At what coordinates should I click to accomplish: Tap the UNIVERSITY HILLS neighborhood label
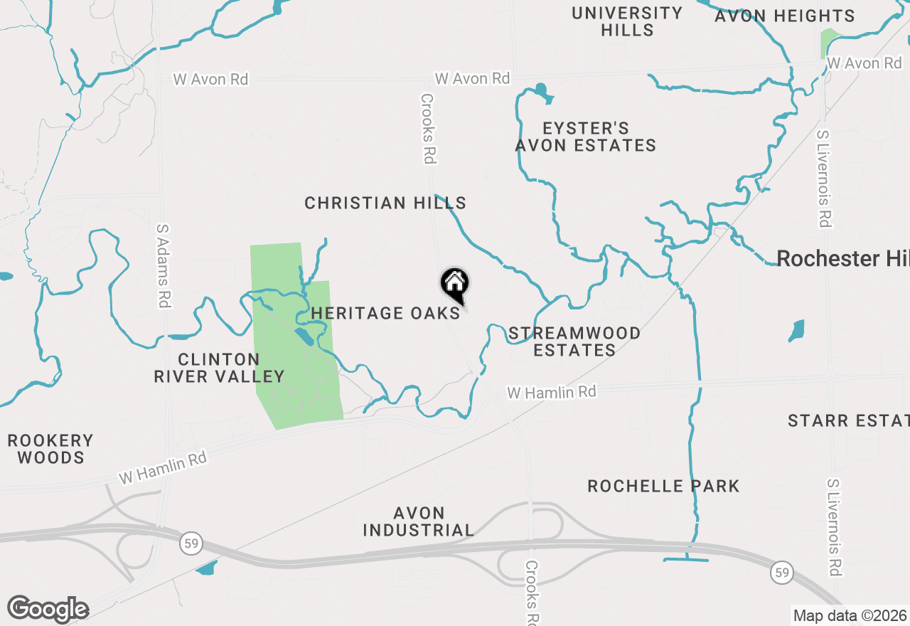[x=627, y=21]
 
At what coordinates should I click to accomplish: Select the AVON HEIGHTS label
[x=784, y=16]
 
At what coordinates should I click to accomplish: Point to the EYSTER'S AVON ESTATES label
[x=585, y=137]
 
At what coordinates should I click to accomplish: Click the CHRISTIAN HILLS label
[x=385, y=203]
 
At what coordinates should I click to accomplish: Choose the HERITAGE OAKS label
[x=385, y=313]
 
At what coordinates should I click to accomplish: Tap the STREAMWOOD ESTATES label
[x=574, y=341]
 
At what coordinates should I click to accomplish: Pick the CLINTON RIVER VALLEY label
[x=219, y=368]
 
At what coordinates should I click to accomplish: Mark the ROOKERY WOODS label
[x=50, y=449]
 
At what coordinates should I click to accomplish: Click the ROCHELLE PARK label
[x=663, y=486]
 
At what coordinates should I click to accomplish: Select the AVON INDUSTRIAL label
[x=419, y=521]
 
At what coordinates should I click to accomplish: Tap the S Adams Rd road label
[x=164, y=265]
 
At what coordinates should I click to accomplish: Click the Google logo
[x=48, y=609]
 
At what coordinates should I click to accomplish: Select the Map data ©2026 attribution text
[x=850, y=615]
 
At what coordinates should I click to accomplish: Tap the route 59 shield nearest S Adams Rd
[x=191, y=543]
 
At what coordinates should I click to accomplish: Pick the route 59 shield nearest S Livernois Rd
[x=782, y=572]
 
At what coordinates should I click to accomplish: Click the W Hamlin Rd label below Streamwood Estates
[x=551, y=392]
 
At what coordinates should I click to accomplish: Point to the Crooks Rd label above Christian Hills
[x=427, y=129]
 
